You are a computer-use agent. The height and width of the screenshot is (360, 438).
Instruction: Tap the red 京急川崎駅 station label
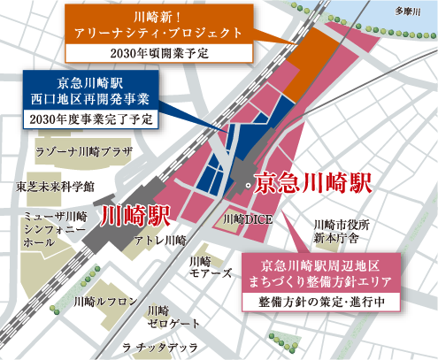[311, 183]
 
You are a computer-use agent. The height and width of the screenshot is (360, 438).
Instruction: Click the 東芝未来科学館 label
[55, 187]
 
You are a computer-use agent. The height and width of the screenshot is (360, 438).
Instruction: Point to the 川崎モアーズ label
[210, 268]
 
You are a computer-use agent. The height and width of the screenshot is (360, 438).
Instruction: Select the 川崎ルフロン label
[104, 301]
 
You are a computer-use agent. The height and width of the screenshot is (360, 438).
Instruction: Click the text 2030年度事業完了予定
[91, 119]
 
